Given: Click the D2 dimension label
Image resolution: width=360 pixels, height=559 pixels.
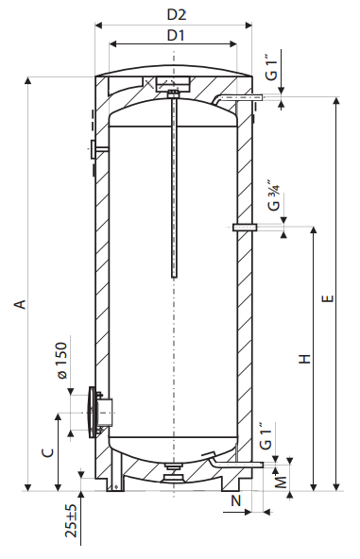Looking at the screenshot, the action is [177, 14].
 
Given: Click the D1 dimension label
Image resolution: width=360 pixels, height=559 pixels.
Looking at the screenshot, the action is [176, 35].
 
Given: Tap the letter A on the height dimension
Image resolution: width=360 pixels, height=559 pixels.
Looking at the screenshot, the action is [21, 304].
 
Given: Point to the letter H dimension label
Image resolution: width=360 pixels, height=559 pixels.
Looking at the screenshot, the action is [304, 358].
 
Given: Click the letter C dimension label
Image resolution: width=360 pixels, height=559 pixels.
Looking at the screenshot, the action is [48, 452].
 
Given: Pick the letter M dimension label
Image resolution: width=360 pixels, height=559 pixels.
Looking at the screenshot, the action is [282, 483].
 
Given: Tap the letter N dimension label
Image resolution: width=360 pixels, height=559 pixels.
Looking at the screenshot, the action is [236, 500].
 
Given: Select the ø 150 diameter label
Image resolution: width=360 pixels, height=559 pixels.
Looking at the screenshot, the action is [61, 361].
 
